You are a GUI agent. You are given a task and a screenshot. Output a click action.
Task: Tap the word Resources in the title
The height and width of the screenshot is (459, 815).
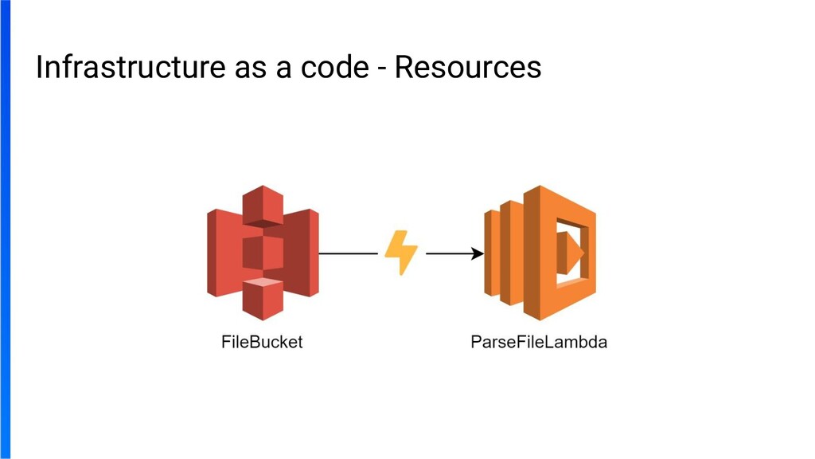(x=468, y=68)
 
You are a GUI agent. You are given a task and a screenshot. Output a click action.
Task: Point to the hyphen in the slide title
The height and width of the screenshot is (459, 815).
(x=382, y=69)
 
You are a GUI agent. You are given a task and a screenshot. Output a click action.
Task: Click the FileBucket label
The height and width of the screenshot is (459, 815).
(x=262, y=343)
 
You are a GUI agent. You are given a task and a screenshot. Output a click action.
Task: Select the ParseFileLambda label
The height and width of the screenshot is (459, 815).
(x=540, y=343)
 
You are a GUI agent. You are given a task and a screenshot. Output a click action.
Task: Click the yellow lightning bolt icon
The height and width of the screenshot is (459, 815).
(x=401, y=253)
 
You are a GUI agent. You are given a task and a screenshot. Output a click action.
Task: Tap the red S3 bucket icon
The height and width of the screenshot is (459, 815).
(x=263, y=253)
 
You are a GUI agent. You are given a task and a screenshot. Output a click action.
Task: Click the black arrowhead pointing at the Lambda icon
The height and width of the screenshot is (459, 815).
(x=478, y=254)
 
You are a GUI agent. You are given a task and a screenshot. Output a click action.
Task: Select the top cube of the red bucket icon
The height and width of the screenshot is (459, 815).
(x=263, y=206)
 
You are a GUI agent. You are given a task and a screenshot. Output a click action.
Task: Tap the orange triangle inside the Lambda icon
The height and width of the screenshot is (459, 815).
(x=572, y=253)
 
